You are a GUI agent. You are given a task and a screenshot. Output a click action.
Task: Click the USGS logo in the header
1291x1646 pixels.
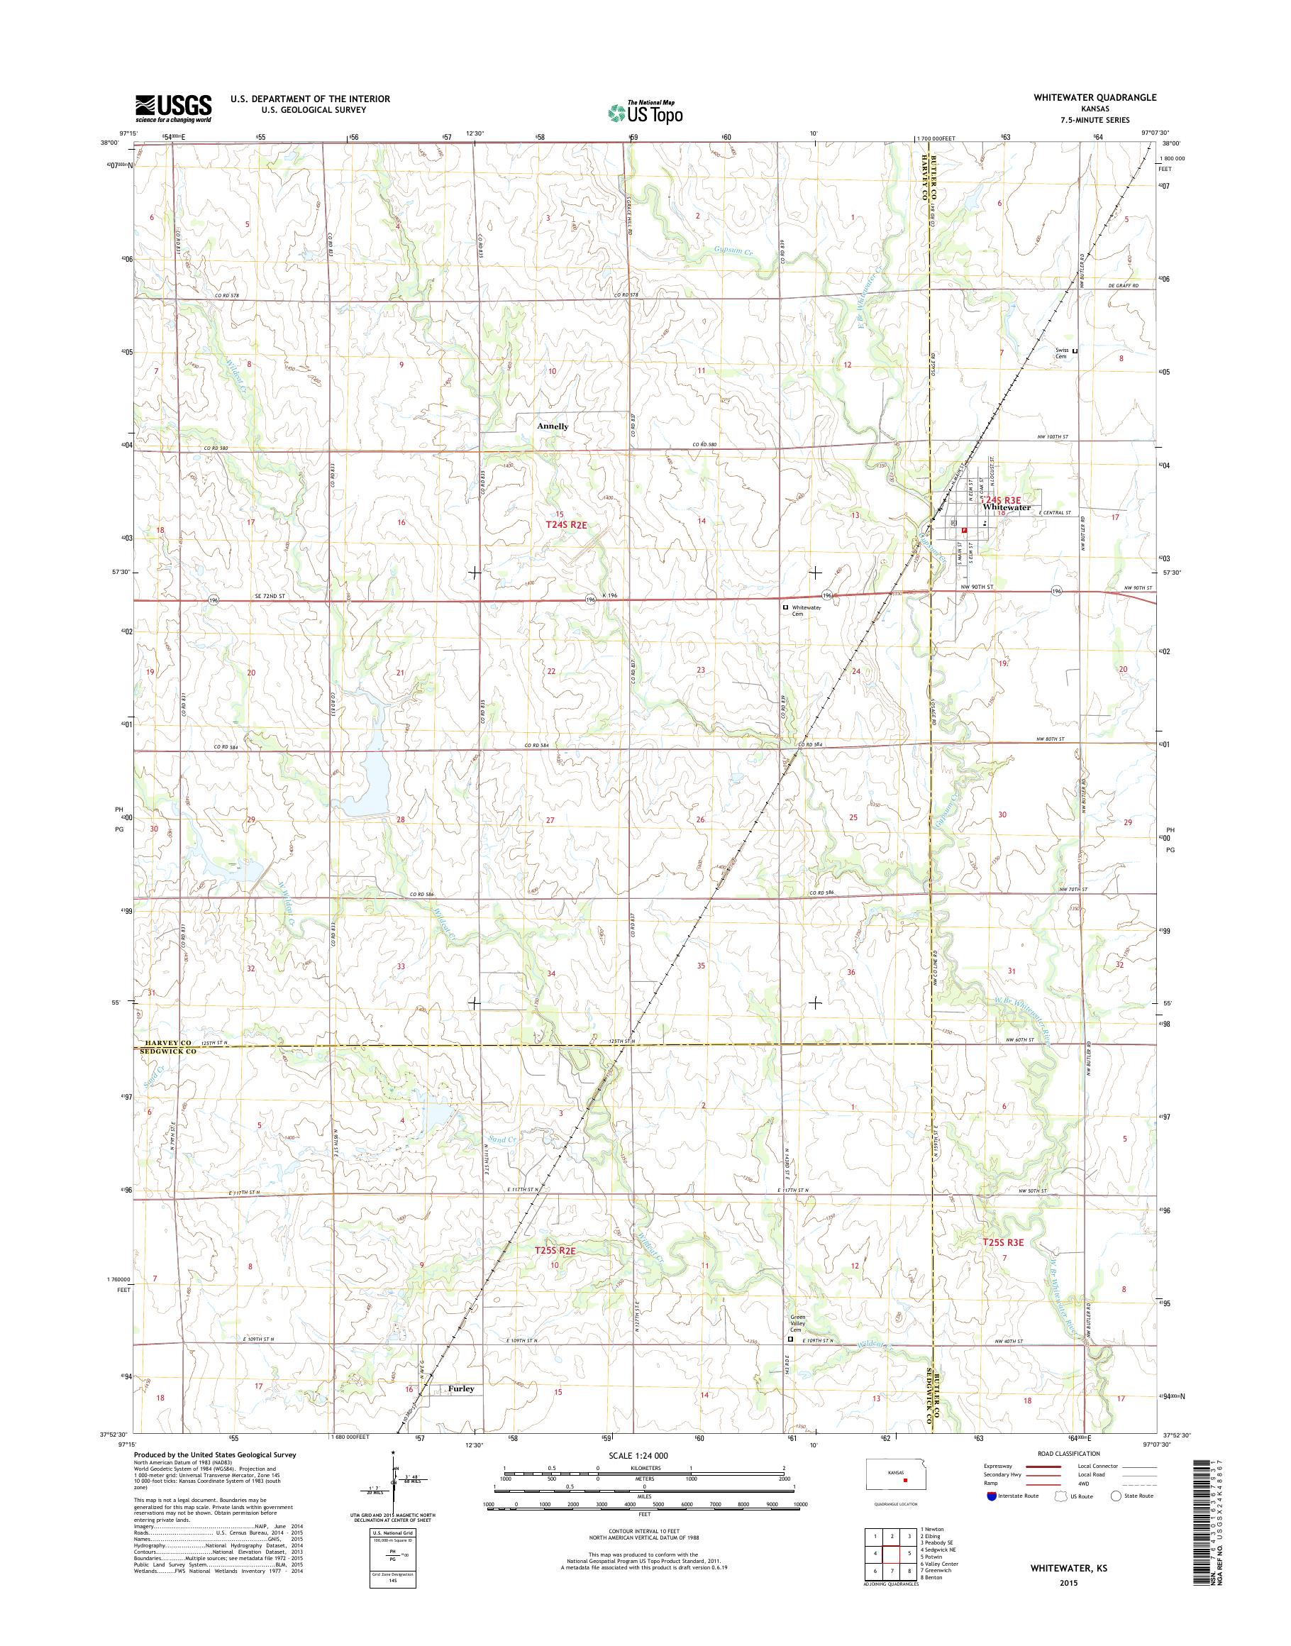coord(173,108)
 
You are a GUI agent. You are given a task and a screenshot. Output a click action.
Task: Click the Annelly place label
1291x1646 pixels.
coord(553,426)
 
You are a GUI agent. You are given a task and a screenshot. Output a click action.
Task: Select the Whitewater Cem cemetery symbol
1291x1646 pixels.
coord(785,607)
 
